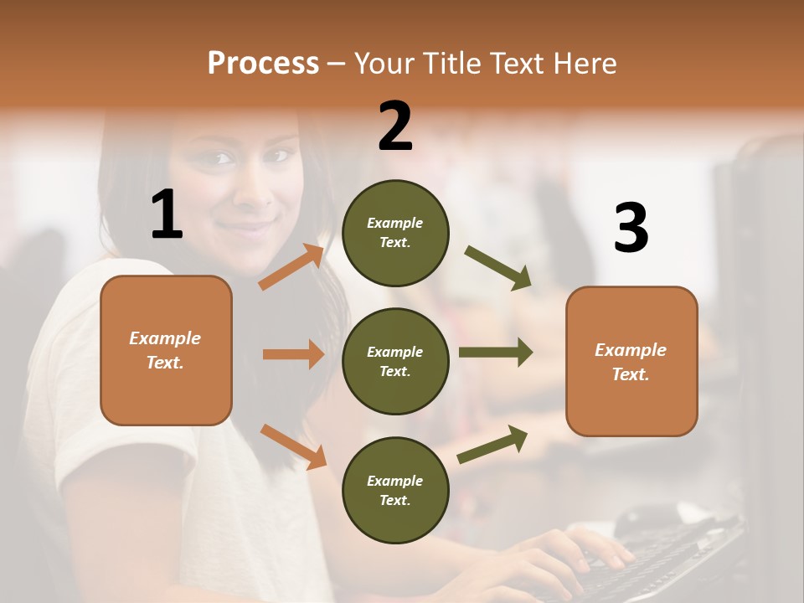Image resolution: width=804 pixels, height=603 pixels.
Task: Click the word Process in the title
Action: tap(263, 64)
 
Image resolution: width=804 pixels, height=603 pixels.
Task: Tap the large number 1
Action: tap(166, 216)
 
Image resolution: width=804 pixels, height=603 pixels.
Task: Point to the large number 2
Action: tap(395, 126)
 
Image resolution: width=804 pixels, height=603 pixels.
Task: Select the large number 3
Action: tap(631, 229)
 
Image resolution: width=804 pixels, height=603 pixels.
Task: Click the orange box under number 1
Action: tap(166, 350)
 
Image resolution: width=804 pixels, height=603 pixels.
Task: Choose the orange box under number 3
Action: tap(631, 362)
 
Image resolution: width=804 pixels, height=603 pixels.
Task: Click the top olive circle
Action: tap(395, 233)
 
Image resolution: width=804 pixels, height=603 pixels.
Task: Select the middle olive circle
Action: tap(395, 361)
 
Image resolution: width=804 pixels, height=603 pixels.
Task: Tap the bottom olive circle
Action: tap(395, 490)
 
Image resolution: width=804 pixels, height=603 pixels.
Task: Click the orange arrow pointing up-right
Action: tap(291, 266)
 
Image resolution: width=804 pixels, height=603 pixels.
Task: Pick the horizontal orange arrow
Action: tap(293, 354)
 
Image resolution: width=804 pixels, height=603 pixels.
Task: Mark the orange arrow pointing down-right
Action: tap(293, 446)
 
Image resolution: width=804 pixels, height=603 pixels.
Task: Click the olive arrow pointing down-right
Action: tap(498, 268)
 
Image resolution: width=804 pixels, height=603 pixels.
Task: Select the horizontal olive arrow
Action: tap(495, 353)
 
